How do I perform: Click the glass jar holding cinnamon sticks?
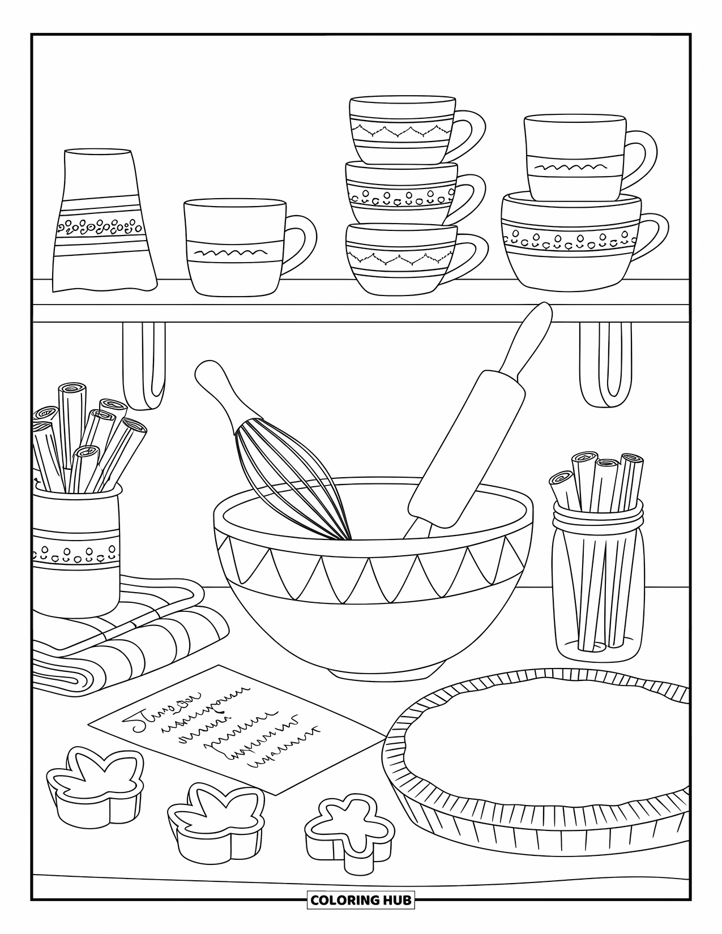(597, 583)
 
